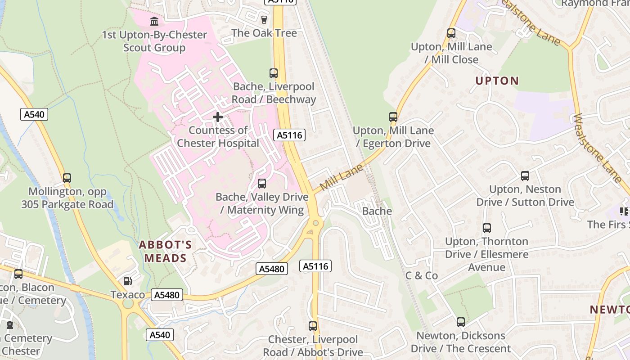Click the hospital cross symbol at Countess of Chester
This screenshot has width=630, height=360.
[x=218, y=117]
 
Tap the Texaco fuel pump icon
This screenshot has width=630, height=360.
[x=128, y=281]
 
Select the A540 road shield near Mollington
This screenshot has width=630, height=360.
[x=34, y=114]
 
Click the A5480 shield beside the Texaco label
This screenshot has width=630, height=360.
[x=167, y=295]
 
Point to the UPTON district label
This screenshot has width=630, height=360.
[x=497, y=81]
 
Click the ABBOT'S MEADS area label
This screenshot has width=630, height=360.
[x=165, y=252]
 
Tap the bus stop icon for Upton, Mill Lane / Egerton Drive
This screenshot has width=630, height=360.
[x=393, y=117]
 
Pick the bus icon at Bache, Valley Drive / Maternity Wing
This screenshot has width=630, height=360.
[x=262, y=184]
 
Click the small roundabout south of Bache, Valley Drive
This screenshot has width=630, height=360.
[x=316, y=223]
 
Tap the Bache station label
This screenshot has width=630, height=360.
[x=377, y=211]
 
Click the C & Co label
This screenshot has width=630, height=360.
[x=422, y=275]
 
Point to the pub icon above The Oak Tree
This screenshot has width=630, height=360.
[x=264, y=19]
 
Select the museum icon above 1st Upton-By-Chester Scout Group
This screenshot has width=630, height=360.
[x=154, y=21]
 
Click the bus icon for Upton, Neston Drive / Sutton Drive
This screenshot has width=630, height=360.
[x=525, y=176]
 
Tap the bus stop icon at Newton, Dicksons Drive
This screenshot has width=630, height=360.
[x=461, y=322]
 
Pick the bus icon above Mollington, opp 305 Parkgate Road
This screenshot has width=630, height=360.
[x=67, y=178]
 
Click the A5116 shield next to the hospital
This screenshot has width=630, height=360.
[x=290, y=135]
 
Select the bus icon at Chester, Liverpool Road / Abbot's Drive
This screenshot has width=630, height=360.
[x=313, y=326]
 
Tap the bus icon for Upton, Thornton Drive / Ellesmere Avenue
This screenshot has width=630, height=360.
[x=486, y=228]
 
